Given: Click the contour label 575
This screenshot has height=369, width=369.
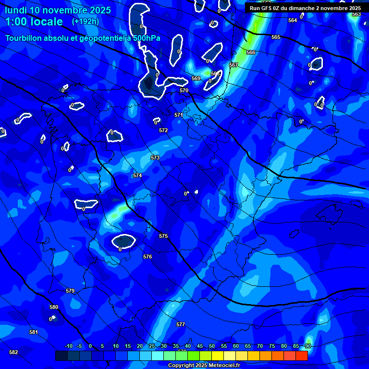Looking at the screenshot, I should pos(163,236).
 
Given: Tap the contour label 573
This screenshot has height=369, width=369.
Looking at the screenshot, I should pos(155,158).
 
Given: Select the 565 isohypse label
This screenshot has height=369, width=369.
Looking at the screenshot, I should pos(276,37).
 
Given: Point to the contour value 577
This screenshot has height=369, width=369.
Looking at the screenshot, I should pos(181,324).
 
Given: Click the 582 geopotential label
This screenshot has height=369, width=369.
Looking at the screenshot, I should pos(13,352).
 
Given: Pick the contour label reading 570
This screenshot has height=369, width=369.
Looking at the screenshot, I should pos(184,90).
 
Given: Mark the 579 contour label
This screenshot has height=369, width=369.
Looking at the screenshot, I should pos(70,291).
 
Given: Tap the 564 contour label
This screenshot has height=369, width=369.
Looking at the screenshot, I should pos(293,20).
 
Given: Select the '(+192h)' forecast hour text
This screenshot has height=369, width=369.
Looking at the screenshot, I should pos(85,21).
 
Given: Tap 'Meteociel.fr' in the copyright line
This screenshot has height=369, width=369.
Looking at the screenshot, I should pos(224,366).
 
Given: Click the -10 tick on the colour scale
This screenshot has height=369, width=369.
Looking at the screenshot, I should pos(68,346).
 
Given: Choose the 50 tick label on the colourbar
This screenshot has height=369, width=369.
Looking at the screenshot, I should pos(211,346).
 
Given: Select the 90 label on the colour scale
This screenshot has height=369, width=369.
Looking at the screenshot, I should pos(307,346).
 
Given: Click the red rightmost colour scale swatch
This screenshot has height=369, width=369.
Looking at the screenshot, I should pos(302,356).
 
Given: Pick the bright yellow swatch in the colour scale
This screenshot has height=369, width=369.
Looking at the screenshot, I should pos(218,356).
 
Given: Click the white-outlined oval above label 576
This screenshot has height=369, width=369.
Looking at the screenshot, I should pos(124,240).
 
